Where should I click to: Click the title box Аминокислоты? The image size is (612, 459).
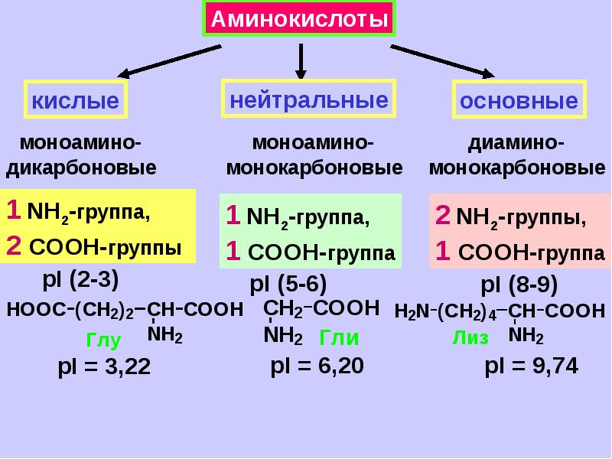[x=299, y=18]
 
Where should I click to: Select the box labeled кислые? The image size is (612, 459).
[x=76, y=99]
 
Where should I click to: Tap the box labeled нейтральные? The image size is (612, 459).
[x=309, y=99]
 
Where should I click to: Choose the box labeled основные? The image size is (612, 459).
[x=519, y=99]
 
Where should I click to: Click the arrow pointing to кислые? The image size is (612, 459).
[x=169, y=61]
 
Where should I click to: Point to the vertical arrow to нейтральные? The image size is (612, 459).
[x=301, y=61]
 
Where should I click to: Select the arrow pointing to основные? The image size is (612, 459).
[x=443, y=61]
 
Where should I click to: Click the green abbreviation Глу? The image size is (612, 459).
[x=103, y=340]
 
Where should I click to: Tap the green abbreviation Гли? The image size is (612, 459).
[x=339, y=337]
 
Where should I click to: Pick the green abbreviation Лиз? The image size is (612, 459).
[x=470, y=337]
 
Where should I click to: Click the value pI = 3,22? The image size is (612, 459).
[x=104, y=367]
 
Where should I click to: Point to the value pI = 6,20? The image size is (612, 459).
[x=317, y=366]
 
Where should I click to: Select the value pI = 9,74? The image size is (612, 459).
[x=531, y=366]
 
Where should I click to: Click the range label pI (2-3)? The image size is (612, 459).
[x=80, y=279]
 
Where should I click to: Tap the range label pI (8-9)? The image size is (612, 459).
[x=519, y=285]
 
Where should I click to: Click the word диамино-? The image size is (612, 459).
[x=516, y=144]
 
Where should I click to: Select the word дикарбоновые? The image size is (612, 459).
[x=81, y=168]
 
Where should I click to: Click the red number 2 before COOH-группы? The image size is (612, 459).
[x=14, y=246]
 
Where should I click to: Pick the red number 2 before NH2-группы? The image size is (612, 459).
[x=443, y=215]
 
